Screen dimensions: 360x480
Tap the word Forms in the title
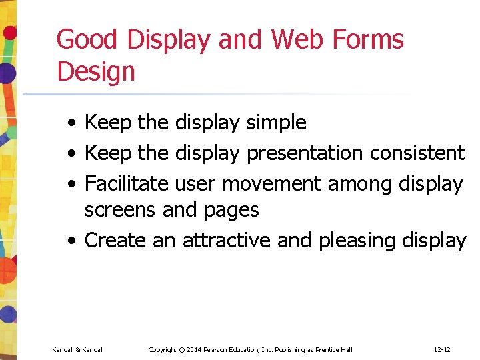click(371, 40)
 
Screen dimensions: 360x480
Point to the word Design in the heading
click(96, 71)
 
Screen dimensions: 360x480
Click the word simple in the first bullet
click(276, 123)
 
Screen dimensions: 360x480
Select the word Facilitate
click(127, 183)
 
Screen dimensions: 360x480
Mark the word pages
click(231, 211)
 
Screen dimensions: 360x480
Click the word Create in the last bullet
click(116, 240)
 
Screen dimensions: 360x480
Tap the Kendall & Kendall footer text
click(77, 350)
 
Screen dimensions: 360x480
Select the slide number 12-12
click(442, 350)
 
